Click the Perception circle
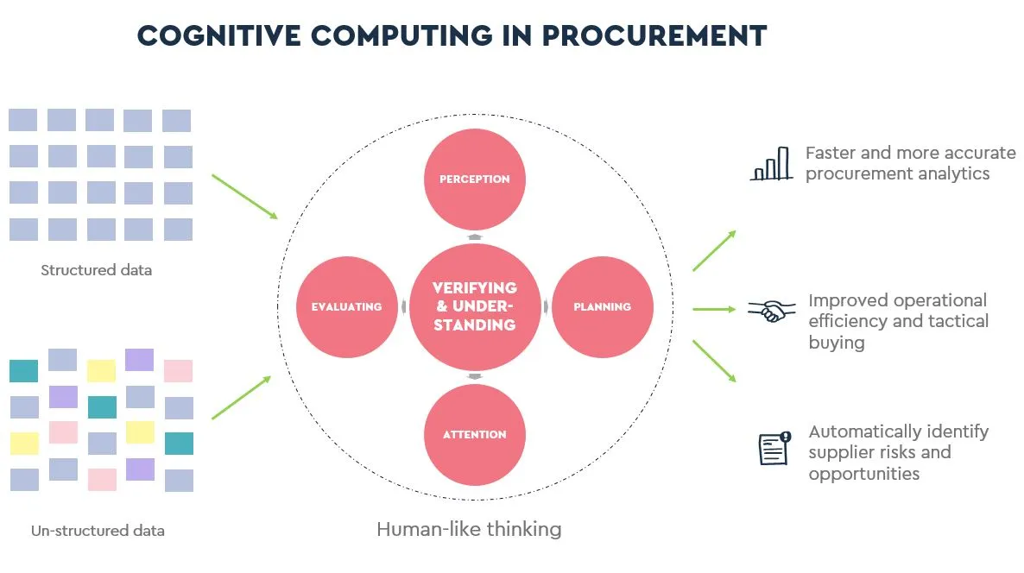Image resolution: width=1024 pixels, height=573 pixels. (475, 179)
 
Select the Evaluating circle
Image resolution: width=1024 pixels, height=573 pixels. (347, 306)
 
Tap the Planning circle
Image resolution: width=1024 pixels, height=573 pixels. (602, 306)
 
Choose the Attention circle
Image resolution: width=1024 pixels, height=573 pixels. (475, 435)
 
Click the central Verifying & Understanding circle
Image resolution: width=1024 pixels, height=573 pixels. (475, 306)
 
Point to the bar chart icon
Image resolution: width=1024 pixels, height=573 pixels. (771, 163)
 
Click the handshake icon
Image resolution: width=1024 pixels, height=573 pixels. (772, 311)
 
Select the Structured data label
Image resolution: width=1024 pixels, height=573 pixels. (96, 270)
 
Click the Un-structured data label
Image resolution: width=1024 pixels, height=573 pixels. (98, 531)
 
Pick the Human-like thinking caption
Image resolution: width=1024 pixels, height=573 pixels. (469, 529)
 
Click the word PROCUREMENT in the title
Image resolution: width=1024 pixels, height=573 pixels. (654, 36)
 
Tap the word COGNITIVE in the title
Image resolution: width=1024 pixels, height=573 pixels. (218, 36)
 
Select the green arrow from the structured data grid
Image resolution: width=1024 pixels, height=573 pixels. (245, 197)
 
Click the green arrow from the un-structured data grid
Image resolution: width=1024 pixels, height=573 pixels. (241, 398)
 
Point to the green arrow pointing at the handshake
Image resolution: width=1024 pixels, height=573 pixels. (714, 309)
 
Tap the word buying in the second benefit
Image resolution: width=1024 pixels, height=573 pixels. (837, 343)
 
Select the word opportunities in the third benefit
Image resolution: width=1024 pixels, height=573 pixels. (864, 475)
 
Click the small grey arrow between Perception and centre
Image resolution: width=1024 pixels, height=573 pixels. (475, 237)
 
